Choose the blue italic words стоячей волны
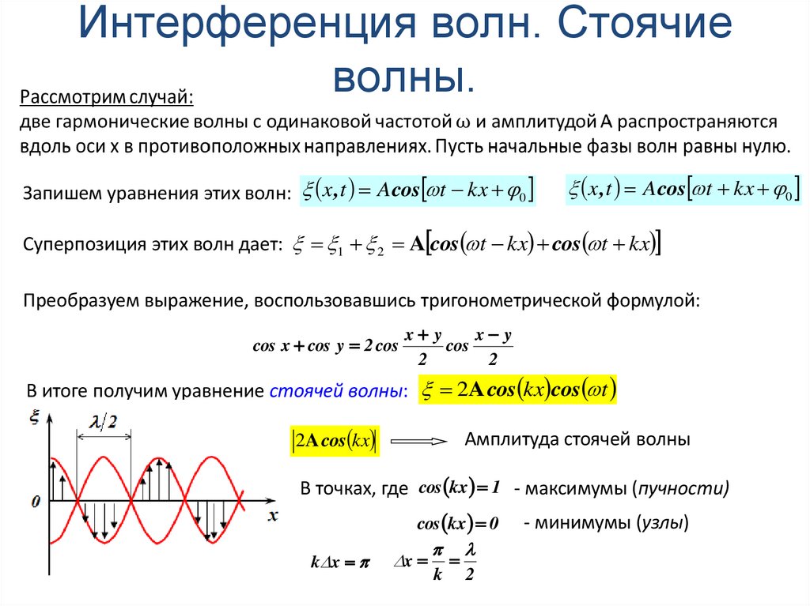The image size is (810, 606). (x=338, y=390)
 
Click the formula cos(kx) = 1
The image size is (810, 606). (x=460, y=488)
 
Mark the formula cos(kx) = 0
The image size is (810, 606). (x=459, y=523)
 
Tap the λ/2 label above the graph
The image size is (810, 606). (x=103, y=422)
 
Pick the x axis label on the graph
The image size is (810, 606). (x=273, y=516)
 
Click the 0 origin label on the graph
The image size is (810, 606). (x=35, y=501)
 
